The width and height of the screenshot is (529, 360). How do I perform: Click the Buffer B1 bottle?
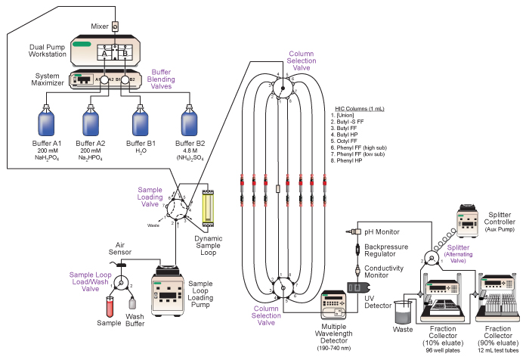click(x=140, y=123)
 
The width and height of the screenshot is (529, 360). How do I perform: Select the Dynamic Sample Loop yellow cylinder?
click(x=209, y=203)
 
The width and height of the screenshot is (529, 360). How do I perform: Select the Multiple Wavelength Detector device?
click(x=333, y=304)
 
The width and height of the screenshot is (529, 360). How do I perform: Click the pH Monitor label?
click(x=382, y=231)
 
